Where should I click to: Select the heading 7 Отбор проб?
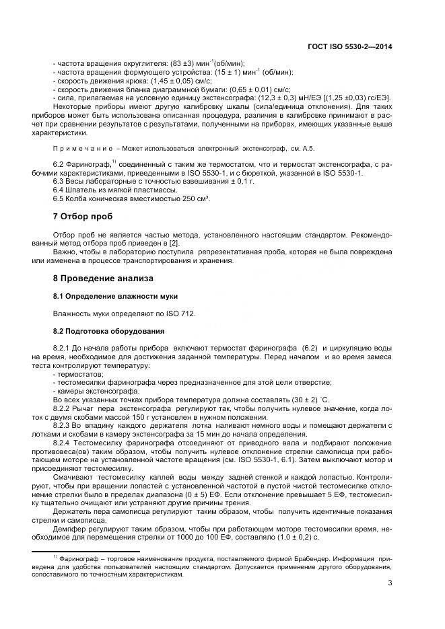(x=83, y=217)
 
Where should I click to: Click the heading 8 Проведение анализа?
(x=103, y=278)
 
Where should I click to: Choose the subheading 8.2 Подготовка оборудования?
(x=108, y=331)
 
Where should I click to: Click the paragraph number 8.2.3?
(x=62, y=427)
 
